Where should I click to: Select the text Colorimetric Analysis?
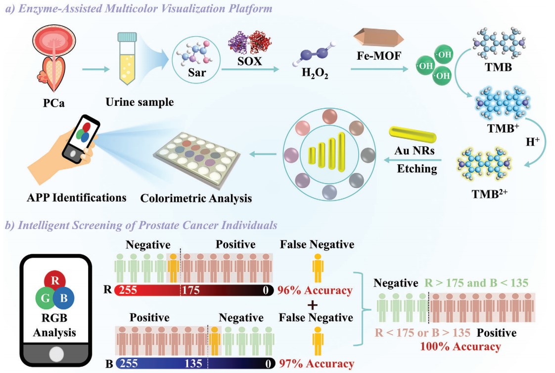point(196,198)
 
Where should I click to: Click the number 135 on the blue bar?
point(194,364)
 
